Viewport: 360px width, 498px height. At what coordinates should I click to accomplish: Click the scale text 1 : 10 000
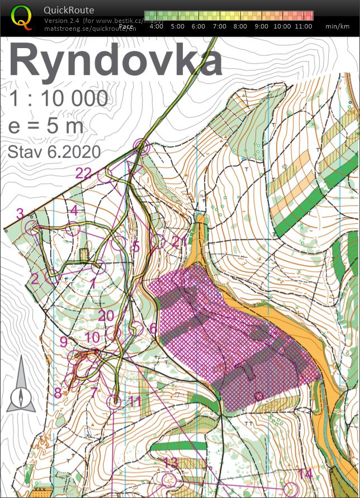[58, 99]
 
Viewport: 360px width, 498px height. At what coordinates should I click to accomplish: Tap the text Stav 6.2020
[54, 152]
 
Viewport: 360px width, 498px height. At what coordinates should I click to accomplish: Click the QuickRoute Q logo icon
[22, 17]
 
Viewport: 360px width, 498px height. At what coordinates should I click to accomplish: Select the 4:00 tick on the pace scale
[157, 26]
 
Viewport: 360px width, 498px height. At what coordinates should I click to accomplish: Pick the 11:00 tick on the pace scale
[304, 26]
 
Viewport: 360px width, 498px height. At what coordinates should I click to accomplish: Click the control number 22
[83, 173]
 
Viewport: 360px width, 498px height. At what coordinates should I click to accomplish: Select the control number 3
[20, 213]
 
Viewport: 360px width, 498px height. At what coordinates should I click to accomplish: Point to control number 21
[179, 242]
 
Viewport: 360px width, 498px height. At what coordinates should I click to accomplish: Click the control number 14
[305, 474]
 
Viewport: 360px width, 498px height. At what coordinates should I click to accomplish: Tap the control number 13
[170, 463]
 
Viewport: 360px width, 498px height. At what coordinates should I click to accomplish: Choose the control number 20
[106, 316]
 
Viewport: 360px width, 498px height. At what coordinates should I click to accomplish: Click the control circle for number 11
[115, 401]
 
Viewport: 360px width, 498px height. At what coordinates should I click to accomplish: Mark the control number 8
[58, 393]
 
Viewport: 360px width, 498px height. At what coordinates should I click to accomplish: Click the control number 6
[153, 328]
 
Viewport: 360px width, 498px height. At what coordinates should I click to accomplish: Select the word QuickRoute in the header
[69, 10]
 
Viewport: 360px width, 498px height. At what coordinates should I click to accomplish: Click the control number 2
[35, 278]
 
